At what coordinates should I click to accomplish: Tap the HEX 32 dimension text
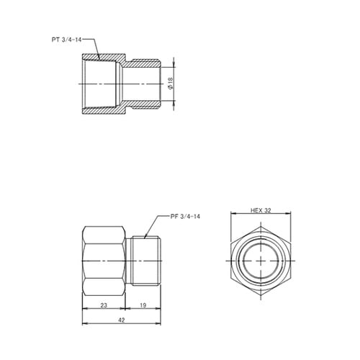[260, 211]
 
